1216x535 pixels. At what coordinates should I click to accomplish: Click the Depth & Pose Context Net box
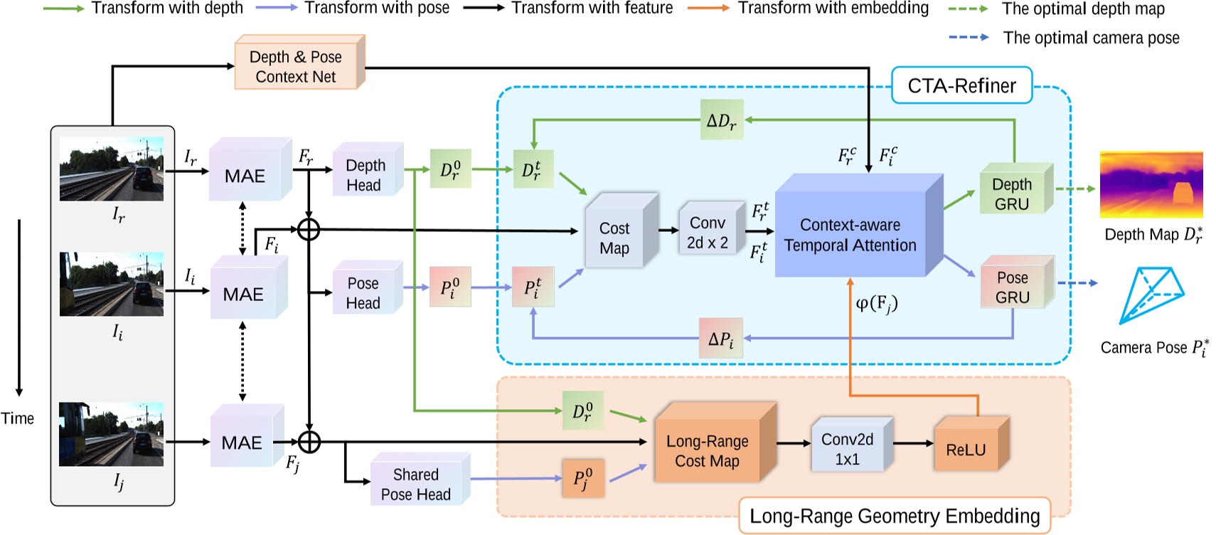pos(296,67)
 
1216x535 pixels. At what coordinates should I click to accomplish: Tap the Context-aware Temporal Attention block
pos(850,235)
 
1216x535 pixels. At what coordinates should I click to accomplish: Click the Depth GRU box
pos(1012,194)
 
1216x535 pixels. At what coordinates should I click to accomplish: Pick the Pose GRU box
pos(1013,287)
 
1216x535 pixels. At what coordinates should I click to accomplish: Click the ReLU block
pos(966,450)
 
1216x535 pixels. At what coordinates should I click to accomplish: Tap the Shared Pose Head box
pos(416,484)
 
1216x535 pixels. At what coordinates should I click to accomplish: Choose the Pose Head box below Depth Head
pos(363,292)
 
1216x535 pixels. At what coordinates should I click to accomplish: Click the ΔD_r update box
pos(721,120)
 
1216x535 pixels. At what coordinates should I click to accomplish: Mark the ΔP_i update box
pos(721,339)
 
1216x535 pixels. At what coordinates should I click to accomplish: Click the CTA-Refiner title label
pos(961,86)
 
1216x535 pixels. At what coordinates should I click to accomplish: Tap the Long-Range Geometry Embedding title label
pos(895,516)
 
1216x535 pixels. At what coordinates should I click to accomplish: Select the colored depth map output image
pos(1151,184)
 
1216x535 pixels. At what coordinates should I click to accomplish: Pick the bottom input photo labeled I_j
pos(112,435)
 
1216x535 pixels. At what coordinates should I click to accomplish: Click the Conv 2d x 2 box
pos(708,233)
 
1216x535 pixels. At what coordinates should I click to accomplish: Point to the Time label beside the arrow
pos(18,418)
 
